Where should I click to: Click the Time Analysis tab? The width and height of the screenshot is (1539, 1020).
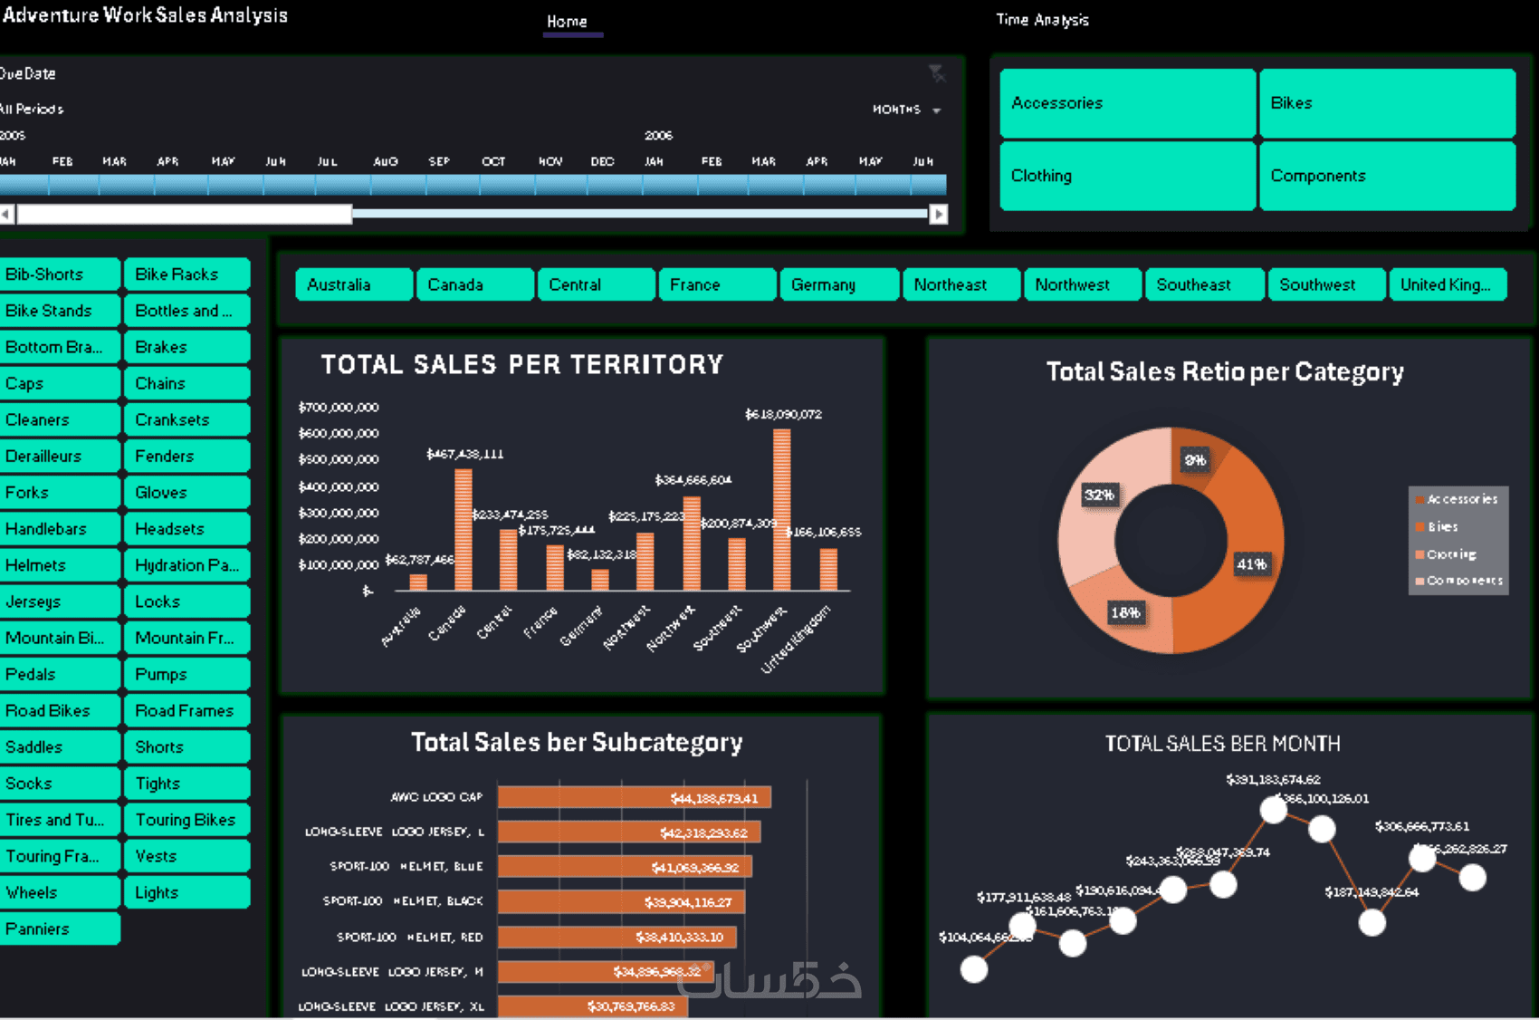[1042, 20]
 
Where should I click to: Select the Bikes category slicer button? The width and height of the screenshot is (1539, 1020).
[1386, 103]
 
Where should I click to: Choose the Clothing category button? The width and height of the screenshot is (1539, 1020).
[1127, 176]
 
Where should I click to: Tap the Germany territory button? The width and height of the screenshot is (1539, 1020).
[838, 284]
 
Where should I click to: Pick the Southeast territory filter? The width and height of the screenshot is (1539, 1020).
[1203, 284]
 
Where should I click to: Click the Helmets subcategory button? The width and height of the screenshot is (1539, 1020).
[60, 565]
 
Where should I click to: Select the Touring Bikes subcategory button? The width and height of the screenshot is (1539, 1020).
[186, 820]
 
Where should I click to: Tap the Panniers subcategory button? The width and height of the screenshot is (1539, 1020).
[60, 929]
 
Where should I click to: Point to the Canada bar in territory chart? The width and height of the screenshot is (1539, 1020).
[463, 530]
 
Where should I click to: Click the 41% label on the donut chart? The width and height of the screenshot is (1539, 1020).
[1251, 564]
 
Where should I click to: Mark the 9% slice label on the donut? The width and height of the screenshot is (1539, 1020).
[1195, 460]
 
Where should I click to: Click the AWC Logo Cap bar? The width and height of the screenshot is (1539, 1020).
[634, 797]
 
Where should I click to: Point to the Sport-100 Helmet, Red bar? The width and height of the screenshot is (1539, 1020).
[617, 937]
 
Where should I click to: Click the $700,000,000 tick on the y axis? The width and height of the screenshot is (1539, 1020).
[339, 408]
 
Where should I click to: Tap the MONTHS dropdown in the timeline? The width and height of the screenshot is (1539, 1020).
[906, 110]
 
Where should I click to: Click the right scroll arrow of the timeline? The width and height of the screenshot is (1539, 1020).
[939, 214]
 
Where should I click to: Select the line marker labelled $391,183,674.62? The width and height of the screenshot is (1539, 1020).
[1273, 810]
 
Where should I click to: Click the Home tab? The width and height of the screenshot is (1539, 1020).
[567, 21]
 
